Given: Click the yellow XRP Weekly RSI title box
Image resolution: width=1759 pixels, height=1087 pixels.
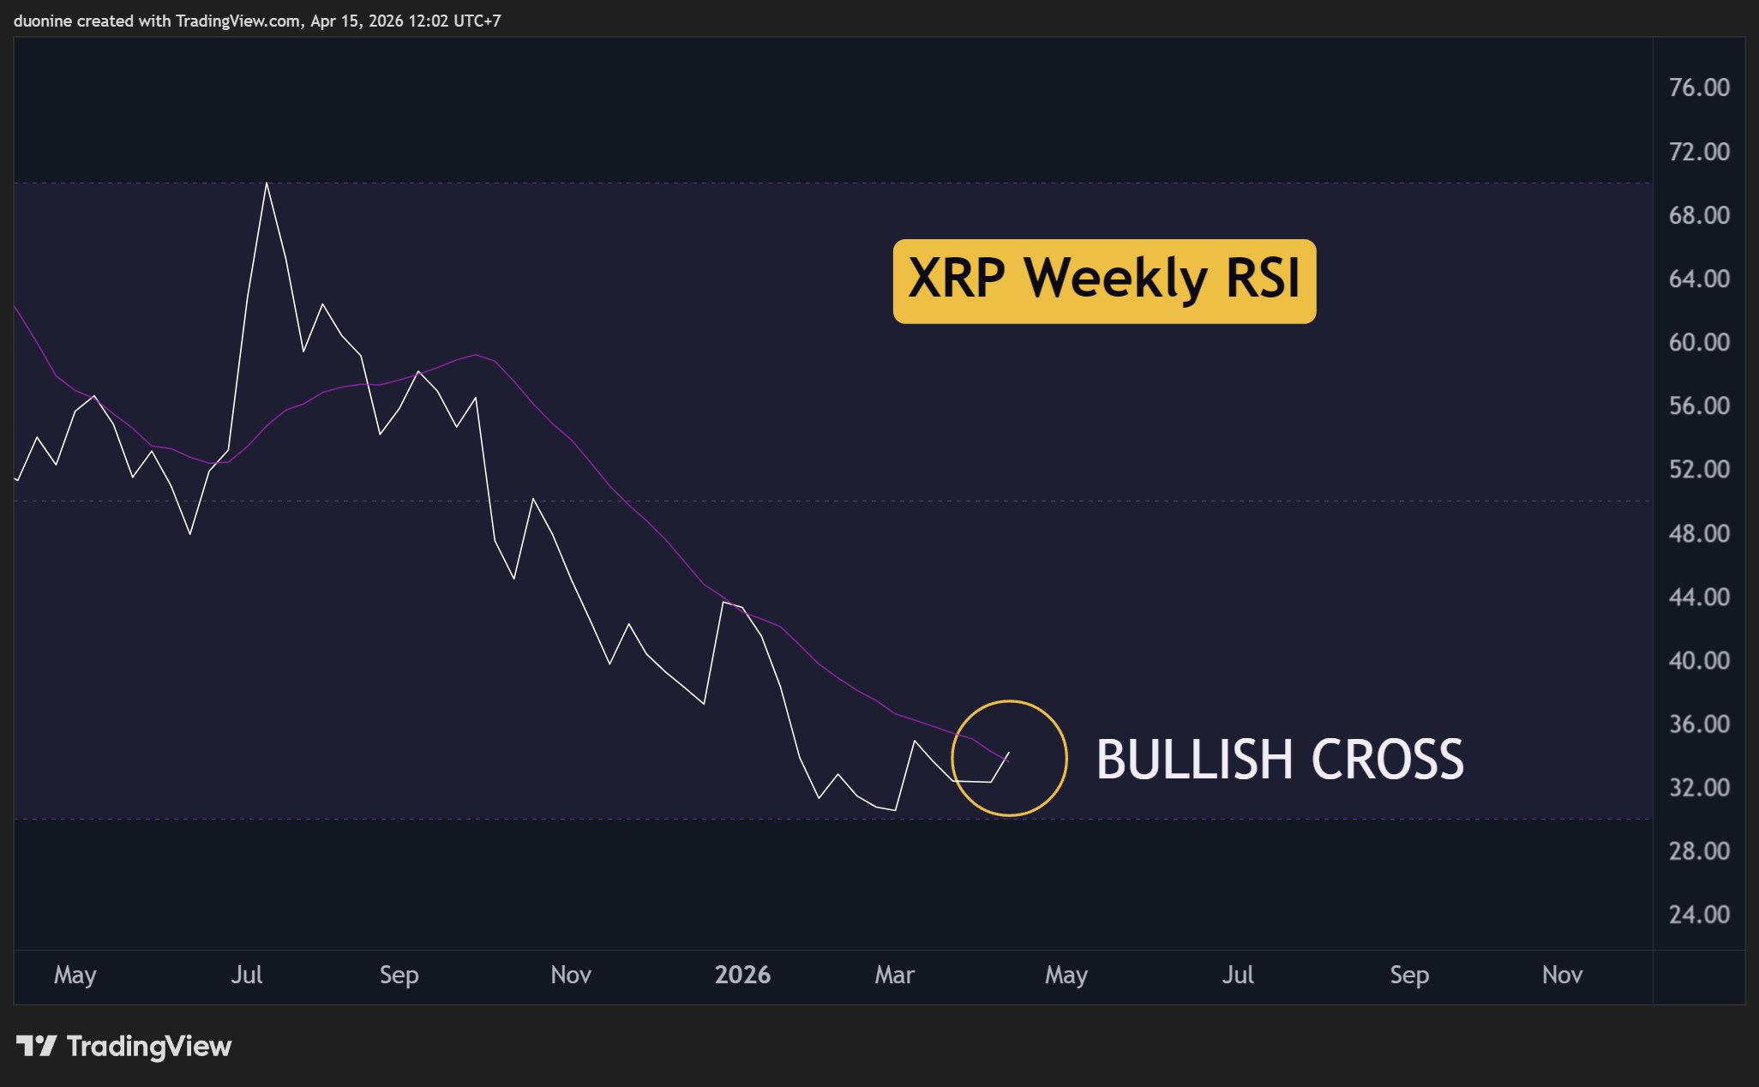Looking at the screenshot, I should (x=1104, y=281).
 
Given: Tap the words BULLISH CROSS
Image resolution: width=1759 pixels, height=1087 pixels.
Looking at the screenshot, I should (x=1280, y=760).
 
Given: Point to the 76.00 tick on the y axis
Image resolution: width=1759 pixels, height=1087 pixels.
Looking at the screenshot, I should (x=1699, y=87).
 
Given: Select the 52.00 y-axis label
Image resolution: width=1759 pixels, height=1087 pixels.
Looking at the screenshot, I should (x=1699, y=469).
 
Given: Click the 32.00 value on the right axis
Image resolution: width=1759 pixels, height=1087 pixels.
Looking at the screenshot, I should (x=1699, y=787).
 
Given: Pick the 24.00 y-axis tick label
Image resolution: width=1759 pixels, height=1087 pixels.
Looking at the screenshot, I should (x=1699, y=914).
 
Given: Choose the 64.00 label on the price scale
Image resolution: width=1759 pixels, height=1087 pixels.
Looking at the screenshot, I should (x=1699, y=279).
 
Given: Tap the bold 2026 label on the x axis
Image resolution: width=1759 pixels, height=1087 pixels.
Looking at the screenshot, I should (x=742, y=975).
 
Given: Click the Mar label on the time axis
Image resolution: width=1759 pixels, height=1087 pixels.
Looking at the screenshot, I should (x=894, y=975).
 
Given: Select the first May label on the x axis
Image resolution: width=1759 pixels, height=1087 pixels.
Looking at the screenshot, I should (x=75, y=975).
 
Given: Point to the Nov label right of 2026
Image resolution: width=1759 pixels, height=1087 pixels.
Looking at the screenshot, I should (x=1562, y=975).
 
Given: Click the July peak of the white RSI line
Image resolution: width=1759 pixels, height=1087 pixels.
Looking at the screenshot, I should (x=267, y=183).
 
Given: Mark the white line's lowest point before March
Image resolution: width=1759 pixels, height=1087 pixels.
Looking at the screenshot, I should (x=895, y=809).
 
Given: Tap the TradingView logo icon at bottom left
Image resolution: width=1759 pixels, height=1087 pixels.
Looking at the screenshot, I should (x=36, y=1046).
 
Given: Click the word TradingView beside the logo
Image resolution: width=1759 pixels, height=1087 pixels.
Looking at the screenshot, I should (x=149, y=1047).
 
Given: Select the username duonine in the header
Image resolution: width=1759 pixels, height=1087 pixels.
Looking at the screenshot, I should (x=44, y=21).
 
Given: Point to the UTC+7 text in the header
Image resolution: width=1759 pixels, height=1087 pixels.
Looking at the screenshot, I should (x=477, y=21).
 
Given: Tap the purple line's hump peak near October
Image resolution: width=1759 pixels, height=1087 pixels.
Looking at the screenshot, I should (x=476, y=355).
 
